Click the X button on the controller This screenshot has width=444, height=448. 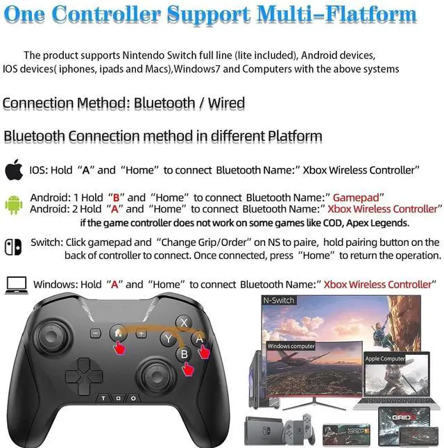pyautogui.click(x=183, y=322)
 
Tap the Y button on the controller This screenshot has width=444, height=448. pyautogui.click(x=167, y=338)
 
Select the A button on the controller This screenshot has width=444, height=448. pyautogui.click(x=200, y=338)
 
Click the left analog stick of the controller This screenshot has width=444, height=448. pyautogui.click(x=54, y=333)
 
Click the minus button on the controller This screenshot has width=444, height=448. pyautogui.click(x=96, y=333)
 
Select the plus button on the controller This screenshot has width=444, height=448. pyautogui.click(x=142, y=333)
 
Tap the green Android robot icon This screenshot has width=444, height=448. pyautogui.click(x=13, y=203)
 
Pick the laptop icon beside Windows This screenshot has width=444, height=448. pyautogui.click(x=15, y=283)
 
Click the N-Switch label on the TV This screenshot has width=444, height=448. pyautogui.click(x=278, y=300)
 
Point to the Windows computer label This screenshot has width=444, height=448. pyautogui.click(x=291, y=346)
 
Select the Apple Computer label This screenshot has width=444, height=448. pyautogui.click(x=386, y=359)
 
